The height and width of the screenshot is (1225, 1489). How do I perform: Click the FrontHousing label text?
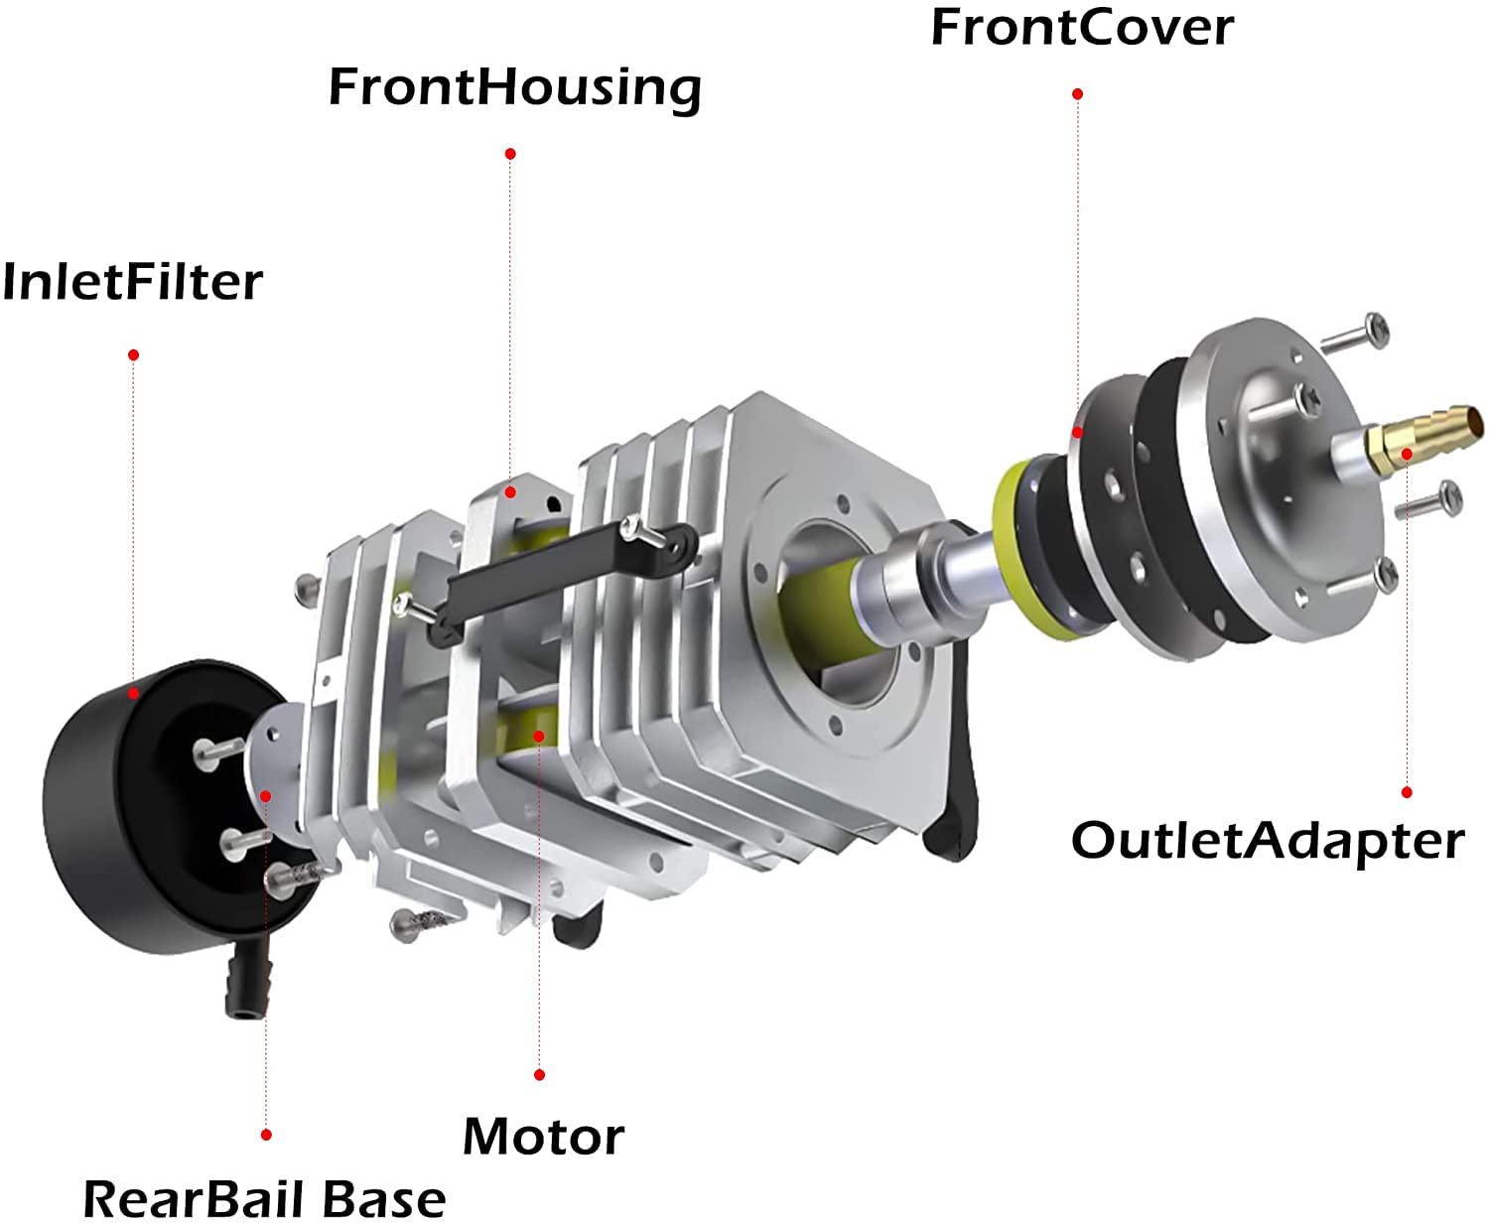[x=514, y=87]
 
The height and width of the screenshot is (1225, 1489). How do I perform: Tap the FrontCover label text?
[x=1082, y=27]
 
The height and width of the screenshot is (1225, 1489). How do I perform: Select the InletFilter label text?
[x=132, y=282]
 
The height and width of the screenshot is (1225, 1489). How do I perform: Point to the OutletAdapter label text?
[x=1268, y=841]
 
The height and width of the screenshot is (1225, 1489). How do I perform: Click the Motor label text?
[x=544, y=1137]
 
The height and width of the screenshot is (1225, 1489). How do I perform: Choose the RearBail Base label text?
[x=264, y=1199]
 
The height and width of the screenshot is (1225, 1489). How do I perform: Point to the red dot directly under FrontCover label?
[x=1077, y=93]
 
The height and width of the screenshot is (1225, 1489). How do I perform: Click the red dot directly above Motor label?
[x=539, y=1074]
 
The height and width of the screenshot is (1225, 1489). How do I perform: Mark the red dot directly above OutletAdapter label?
[x=1407, y=792]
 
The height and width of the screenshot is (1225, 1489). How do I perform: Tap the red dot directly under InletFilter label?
[x=133, y=354]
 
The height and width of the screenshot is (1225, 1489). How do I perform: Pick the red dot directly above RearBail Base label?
[x=266, y=1134]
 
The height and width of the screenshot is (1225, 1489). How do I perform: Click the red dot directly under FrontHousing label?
[x=510, y=153]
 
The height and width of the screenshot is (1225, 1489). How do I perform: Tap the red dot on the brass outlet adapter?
[x=1407, y=454]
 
